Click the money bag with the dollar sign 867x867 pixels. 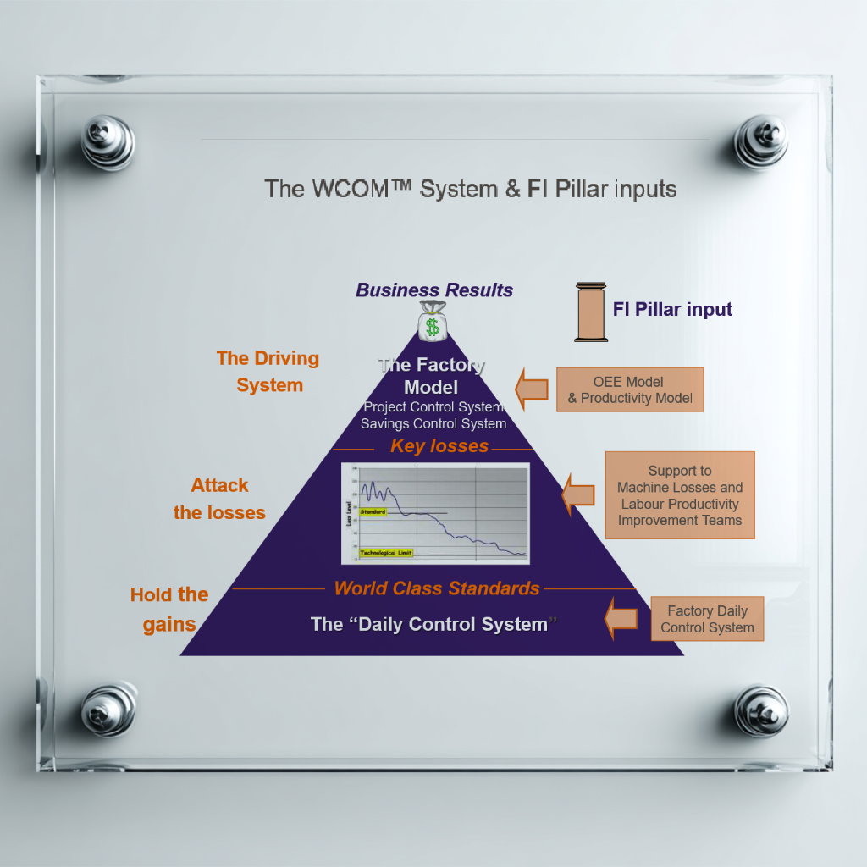pos(433,320)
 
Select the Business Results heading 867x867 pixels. pos(434,290)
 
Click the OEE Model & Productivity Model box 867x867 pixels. pos(630,389)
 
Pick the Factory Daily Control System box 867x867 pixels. pos(707,619)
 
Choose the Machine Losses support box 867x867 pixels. pos(679,495)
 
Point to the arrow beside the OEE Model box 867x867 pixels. pos(533,389)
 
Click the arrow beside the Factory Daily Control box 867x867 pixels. pos(621,618)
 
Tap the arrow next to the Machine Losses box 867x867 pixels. pos(579,494)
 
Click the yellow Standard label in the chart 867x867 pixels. pos(373,512)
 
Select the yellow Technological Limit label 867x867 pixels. pos(386,553)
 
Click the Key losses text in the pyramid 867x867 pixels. pos(439,446)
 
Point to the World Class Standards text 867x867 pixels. pos(436,588)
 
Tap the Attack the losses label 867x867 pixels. pos(219,499)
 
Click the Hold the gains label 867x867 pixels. pos(169,610)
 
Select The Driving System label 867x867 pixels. pos(268,372)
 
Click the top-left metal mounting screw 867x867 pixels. pos(108,141)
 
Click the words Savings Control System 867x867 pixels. pos(433,423)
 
